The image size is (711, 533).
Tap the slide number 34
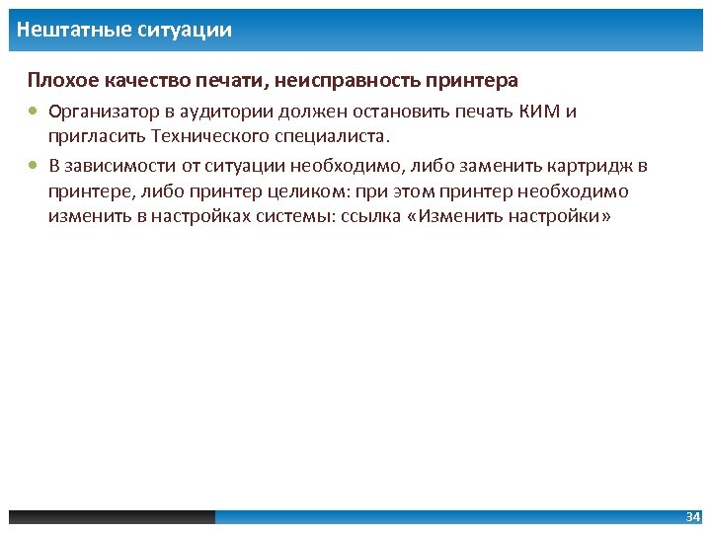[x=692, y=517]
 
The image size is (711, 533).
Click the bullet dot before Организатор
[x=35, y=112]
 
